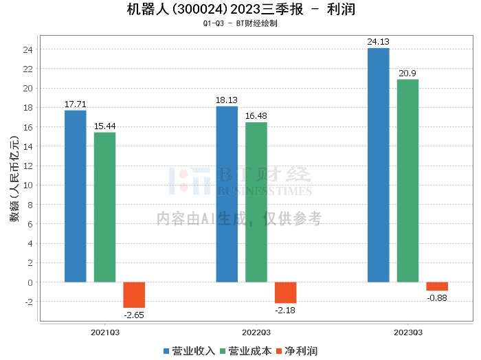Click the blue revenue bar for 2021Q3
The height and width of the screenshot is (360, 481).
76,196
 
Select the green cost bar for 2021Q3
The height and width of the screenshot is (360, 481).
104,207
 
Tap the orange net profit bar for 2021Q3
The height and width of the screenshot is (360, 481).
134,295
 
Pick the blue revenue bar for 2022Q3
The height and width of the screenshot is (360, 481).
227,194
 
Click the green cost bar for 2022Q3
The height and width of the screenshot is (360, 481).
256,202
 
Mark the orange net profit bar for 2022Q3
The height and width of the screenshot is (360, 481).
286,293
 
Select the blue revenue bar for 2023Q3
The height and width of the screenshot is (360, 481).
379,165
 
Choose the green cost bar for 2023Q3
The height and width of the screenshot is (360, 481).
407,181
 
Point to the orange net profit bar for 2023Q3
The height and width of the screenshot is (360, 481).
437,286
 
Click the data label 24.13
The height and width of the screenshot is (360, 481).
379,42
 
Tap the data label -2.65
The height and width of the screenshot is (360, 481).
134,315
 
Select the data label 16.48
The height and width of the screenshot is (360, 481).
256,116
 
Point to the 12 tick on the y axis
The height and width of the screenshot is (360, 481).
29,166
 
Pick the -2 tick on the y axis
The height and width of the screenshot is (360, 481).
29,302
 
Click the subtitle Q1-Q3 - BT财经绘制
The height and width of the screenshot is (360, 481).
240,23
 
